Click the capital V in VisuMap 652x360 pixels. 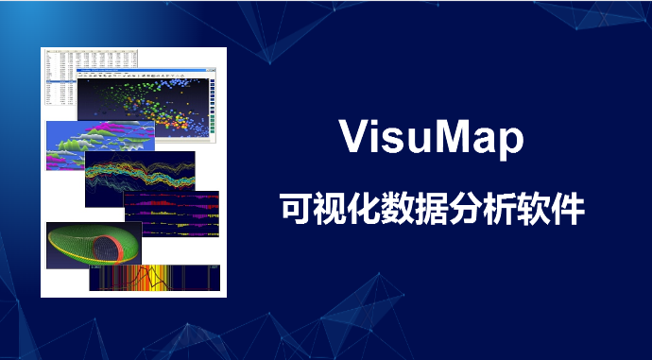(x=352, y=138)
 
